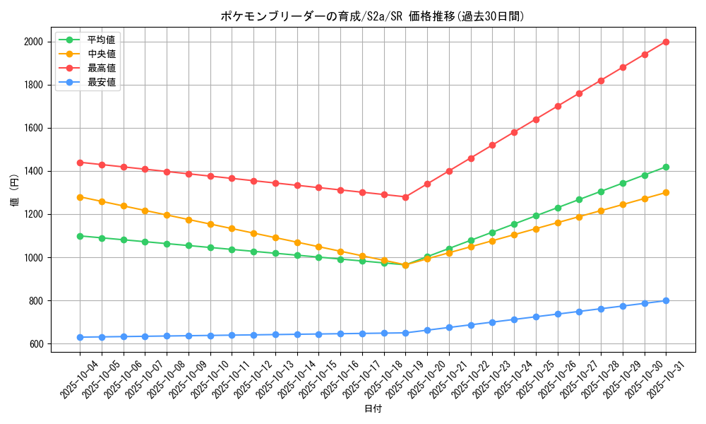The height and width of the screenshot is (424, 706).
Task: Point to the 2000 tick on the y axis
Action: point(33,42)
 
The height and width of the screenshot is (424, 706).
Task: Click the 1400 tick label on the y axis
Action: point(33,171)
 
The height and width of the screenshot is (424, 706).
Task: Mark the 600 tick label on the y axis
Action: point(35,344)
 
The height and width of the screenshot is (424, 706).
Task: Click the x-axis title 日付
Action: point(372,409)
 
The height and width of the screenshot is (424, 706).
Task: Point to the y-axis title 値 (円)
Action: point(14,192)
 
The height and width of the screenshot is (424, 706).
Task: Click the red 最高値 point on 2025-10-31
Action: point(666,42)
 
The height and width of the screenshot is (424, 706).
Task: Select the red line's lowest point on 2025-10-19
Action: point(405,197)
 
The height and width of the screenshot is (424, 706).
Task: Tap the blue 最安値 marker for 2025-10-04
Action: point(80,337)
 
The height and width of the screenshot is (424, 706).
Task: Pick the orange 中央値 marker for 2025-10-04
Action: point(80,197)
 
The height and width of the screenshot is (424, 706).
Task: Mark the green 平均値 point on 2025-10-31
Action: point(666,167)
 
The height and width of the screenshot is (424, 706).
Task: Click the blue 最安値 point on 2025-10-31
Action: point(666,300)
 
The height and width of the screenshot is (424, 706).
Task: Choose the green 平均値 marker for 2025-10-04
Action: point(80,236)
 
